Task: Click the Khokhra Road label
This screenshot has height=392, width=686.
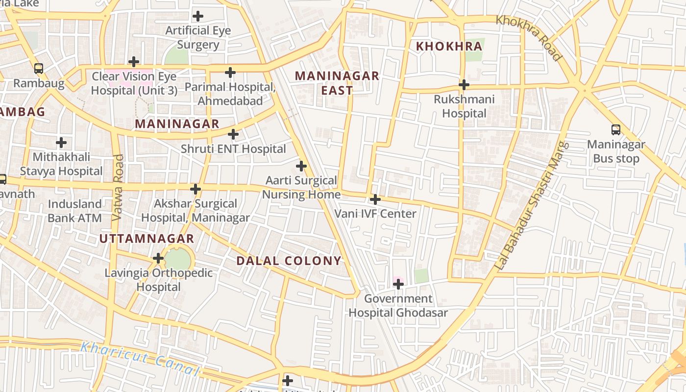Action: [529, 38]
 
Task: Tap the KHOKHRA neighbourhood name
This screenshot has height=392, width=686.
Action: [449, 47]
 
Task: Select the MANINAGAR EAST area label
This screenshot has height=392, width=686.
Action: [337, 83]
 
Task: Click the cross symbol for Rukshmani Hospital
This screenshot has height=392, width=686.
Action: [464, 85]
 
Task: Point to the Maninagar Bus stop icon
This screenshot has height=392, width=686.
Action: [616, 130]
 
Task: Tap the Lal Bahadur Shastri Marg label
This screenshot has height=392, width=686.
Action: [531, 206]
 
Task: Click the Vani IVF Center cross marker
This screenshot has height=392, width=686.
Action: [375, 199]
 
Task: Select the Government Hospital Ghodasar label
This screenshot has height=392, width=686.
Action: [398, 306]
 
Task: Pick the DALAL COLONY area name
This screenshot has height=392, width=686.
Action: [289, 261]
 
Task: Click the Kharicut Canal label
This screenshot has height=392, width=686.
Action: [140, 359]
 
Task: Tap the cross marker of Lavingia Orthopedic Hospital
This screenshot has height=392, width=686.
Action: [158, 258]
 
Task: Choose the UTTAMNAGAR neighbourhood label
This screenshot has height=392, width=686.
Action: [147, 239]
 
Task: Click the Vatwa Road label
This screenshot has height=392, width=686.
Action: [118, 187]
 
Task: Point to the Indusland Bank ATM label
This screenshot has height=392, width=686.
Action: [74, 211]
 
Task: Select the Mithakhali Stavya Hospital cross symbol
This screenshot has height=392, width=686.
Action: [61, 143]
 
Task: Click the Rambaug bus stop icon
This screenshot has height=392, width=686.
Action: [39, 69]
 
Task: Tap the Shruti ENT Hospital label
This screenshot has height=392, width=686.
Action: [233, 148]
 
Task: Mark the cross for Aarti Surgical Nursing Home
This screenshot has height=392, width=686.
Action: [301, 166]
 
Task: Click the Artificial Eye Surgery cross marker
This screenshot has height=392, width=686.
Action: [197, 16]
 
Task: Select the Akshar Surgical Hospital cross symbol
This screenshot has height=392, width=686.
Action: [196, 189]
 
